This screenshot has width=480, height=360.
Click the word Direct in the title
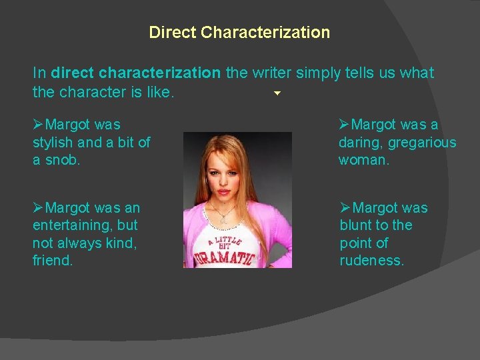[172, 32]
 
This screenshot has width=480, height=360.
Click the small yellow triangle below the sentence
[277, 94]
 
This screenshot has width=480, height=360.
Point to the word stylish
[51, 142]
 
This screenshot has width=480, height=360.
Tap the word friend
[52, 261]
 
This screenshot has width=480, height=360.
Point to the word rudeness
[372, 261]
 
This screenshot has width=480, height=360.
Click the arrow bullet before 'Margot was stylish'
[39, 124]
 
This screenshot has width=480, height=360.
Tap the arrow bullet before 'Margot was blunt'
[345, 208]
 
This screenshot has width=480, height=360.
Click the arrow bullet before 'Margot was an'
[39, 208]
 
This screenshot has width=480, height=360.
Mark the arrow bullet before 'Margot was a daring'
[344, 124]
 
